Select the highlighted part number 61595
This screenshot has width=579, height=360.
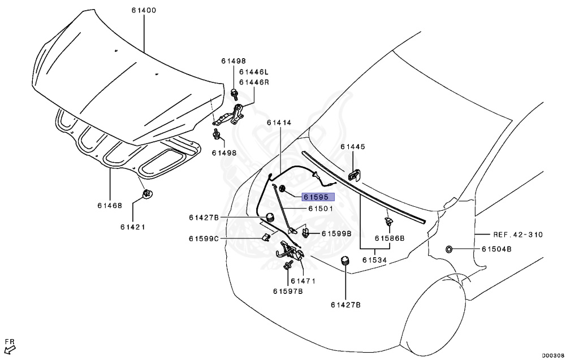pyautogui.click(x=318, y=197)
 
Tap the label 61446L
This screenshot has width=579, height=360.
pyautogui.click(x=254, y=72)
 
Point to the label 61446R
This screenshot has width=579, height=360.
pyautogui.click(x=254, y=82)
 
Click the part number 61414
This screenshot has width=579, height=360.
pyautogui.click(x=279, y=122)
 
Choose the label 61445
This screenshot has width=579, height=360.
pyautogui.click(x=353, y=146)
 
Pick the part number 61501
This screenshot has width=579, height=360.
pyautogui.click(x=321, y=209)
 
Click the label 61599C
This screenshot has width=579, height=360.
pyautogui.click(x=204, y=239)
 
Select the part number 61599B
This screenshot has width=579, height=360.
pyautogui.click(x=336, y=233)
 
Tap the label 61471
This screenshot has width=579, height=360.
pyautogui.click(x=303, y=281)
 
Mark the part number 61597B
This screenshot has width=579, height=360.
pyautogui.click(x=288, y=291)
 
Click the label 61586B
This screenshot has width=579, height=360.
pyautogui.click(x=390, y=239)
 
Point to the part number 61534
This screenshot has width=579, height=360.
pyautogui.click(x=375, y=260)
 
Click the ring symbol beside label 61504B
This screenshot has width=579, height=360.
pyautogui.click(x=450, y=249)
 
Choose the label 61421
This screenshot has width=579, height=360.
pyautogui.click(x=133, y=227)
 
